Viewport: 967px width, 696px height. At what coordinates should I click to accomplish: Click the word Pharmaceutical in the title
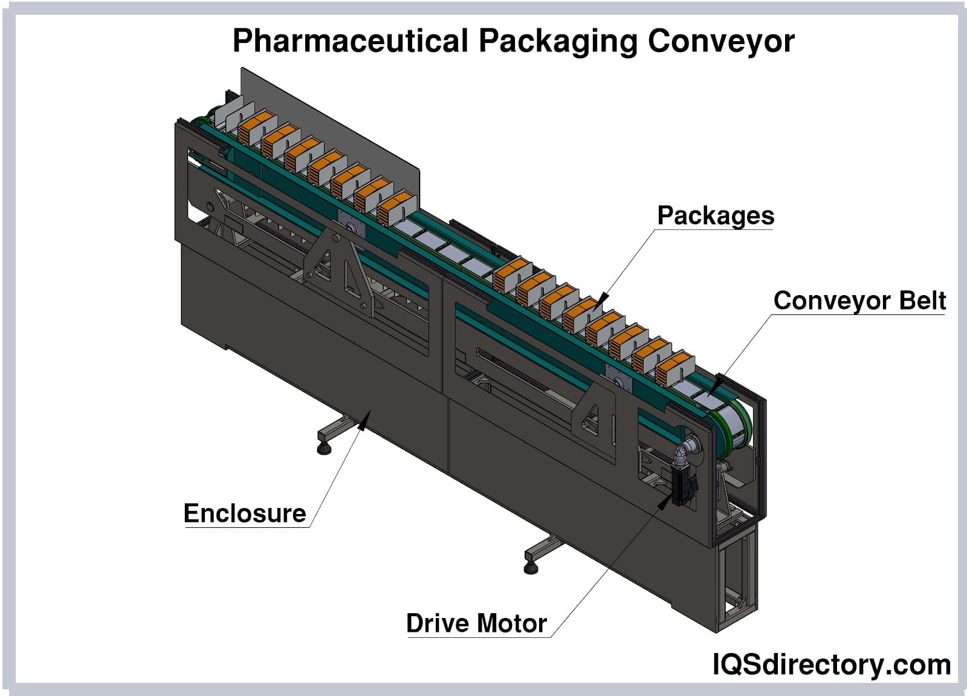[351, 41]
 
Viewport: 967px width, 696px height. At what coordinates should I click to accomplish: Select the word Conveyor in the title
[721, 41]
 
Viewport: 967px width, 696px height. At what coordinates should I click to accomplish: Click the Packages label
[716, 216]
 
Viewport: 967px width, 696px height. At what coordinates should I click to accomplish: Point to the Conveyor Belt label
[859, 301]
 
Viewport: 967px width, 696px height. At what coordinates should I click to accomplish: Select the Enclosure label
[245, 513]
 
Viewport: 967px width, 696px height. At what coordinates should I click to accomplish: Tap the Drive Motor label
[476, 623]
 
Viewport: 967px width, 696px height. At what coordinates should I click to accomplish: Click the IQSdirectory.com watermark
[831, 665]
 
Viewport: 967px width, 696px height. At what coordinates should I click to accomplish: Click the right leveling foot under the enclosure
[531, 567]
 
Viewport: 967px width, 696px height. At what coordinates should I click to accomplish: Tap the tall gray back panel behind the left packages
[338, 133]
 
